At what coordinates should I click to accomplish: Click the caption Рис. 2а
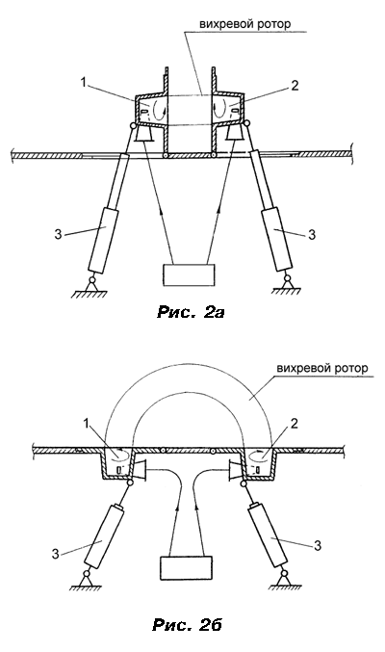tap(191, 312)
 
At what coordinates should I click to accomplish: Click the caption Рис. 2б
tap(187, 624)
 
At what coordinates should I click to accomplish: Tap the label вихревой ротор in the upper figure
tap(244, 24)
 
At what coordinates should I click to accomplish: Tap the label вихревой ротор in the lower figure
tap(322, 369)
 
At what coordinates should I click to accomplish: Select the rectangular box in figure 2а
tap(190, 274)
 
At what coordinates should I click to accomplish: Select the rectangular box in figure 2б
tap(187, 567)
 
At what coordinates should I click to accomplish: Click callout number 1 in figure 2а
tap(84, 82)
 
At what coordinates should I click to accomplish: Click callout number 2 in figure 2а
tap(295, 86)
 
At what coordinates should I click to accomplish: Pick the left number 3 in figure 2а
tap(58, 235)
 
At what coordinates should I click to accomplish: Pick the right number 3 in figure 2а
tap(312, 235)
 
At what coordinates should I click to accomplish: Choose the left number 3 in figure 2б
tap(56, 554)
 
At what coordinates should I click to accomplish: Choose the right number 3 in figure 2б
tap(318, 545)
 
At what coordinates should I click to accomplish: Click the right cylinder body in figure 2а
tap(276, 241)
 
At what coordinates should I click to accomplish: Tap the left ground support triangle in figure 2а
tap(91, 287)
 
